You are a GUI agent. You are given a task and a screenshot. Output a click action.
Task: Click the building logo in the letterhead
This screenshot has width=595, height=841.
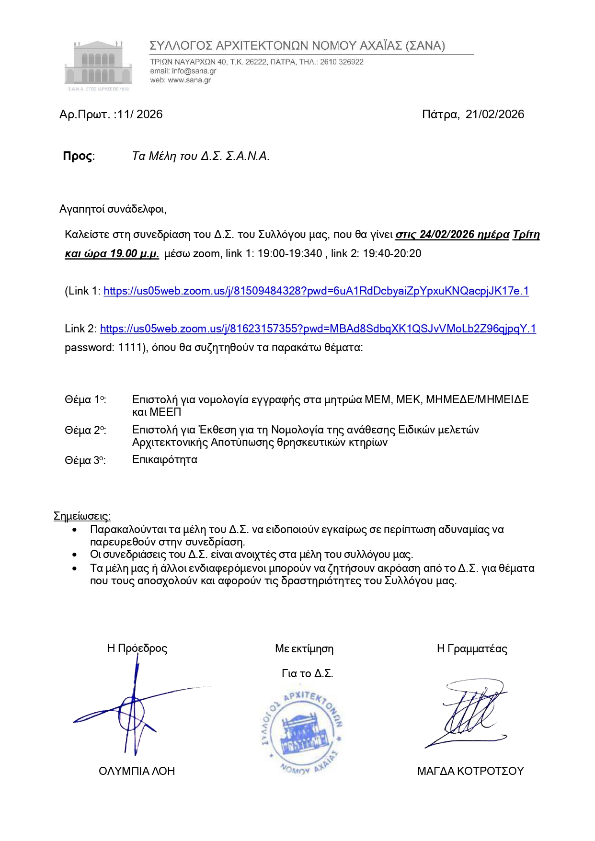(98, 65)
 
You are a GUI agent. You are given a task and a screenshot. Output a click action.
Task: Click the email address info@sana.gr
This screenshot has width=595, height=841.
(194, 71)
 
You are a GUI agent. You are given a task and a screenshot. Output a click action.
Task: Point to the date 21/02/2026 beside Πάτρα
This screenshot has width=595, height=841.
(495, 114)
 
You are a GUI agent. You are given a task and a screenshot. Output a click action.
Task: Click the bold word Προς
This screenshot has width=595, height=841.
(78, 156)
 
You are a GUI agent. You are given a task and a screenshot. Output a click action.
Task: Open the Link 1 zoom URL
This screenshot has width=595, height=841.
(316, 291)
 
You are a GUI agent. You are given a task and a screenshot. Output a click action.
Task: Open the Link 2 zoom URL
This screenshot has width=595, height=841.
(318, 329)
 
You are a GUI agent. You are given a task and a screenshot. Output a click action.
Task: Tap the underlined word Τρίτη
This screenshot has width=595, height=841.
(526, 235)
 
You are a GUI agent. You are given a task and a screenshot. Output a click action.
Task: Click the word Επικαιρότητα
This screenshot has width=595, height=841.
(165, 460)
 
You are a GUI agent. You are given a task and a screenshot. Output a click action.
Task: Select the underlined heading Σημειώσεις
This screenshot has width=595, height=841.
(82, 516)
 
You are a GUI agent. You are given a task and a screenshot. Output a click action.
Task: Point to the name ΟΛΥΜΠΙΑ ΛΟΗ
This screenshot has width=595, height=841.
(137, 771)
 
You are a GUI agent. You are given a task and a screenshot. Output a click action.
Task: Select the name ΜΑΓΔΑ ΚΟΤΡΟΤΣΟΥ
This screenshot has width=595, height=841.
(470, 771)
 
